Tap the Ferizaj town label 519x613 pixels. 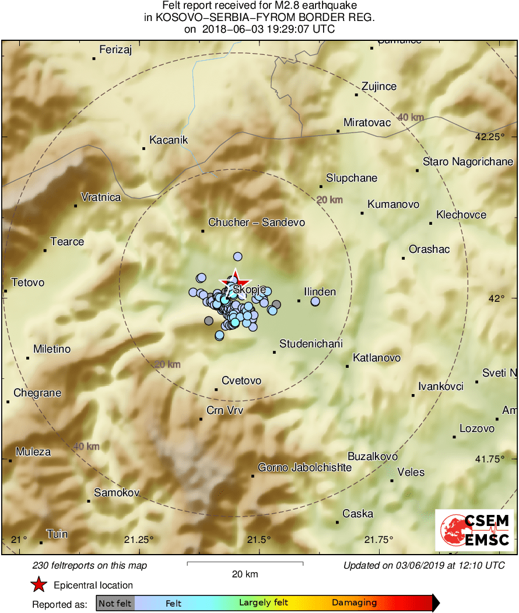115,50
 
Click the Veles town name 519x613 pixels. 411,472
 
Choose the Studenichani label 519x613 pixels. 311,344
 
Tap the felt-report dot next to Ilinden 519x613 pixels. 315,301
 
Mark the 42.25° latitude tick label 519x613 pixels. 489,138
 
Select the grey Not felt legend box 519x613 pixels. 115,603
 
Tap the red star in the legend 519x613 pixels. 39,584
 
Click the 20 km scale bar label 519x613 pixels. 245,574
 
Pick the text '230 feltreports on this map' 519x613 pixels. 90,565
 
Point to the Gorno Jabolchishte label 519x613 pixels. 304,468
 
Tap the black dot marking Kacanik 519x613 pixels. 143,148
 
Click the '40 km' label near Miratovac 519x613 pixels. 411,118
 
